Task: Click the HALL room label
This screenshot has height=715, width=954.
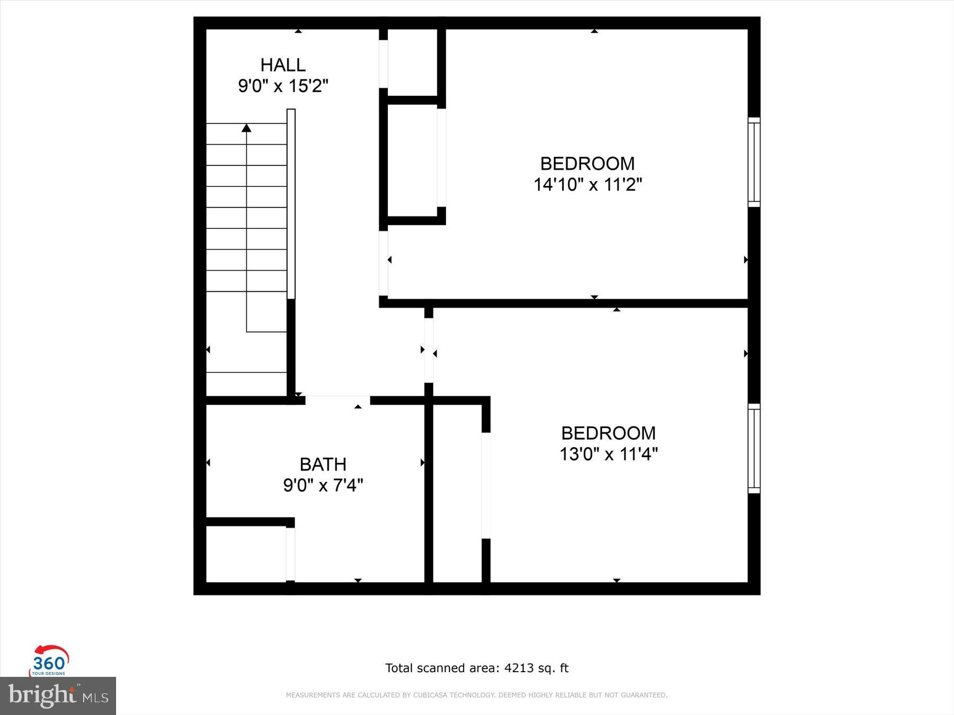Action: click(282, 65)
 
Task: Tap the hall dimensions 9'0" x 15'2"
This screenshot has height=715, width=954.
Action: click(282, 86)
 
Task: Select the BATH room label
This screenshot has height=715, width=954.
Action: click(323, 464)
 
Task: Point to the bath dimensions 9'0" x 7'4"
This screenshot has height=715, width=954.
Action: click(323, 485)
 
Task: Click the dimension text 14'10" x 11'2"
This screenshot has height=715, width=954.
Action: click(587, 185)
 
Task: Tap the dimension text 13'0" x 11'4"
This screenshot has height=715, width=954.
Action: click(608, 454)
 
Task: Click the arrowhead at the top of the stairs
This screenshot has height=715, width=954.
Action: click(246, 128)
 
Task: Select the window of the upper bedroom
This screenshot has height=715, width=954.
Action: click(754, 162)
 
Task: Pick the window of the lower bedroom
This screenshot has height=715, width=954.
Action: click(754, 448)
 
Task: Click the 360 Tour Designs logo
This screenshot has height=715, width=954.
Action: click(49, 661)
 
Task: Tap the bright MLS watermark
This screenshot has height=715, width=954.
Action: click(58, 695)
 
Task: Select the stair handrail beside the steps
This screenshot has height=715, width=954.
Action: click(291, 204)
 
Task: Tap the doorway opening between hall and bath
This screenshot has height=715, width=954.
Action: click(338, 400)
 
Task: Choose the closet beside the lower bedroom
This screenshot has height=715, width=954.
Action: click(457, 493)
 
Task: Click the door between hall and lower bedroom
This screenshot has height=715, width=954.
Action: click(429, 350)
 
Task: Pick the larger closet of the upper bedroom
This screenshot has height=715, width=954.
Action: click(412, 160)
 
